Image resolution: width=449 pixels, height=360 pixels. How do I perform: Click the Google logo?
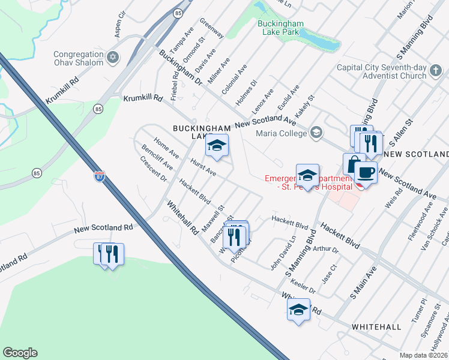pyautogui.click(x=20, y=353)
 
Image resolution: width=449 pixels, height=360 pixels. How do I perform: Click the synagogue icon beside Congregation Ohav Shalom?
pyautogui.click(x=112, y=58)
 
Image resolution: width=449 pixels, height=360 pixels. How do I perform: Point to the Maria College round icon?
pyautogui.click(x=316, y=133)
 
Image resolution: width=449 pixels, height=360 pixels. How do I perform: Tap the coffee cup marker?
pyautogui.click(x=366, y=173)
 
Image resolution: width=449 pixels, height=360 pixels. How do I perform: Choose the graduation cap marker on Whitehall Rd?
pyautogui.click(x=298, y=310)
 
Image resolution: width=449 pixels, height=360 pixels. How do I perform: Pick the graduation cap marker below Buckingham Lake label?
pyautogui.click(x=217, y=146)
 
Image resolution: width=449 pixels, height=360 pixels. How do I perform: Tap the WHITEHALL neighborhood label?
pyautogui.click(x=376, y=327)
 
